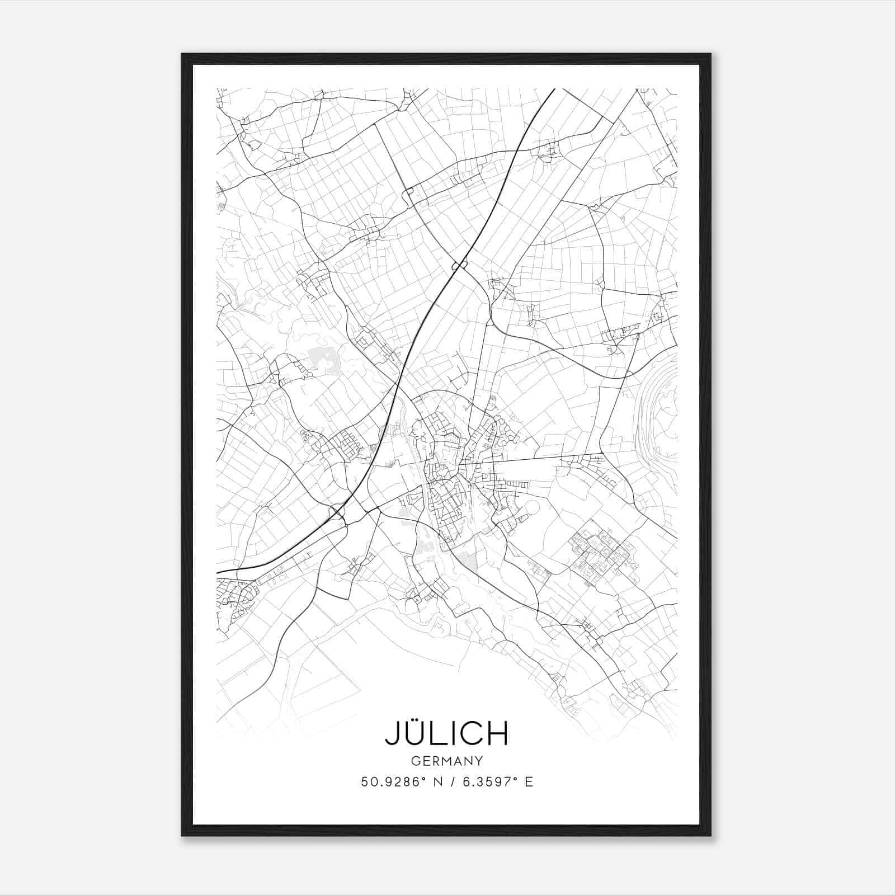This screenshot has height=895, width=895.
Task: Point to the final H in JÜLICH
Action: click(x=497, y=733)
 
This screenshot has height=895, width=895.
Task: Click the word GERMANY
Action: click(x=447, y=761)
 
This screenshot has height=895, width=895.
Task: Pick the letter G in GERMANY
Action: click(x=415, y=761)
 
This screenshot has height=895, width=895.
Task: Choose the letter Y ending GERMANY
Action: click(x=479, y=761)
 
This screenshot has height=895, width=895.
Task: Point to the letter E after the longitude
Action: click(x=529, y=782)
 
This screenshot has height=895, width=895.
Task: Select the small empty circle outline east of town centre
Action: click(x=533, y=508)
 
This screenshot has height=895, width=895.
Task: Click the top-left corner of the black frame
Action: click(x=183, y=55)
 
